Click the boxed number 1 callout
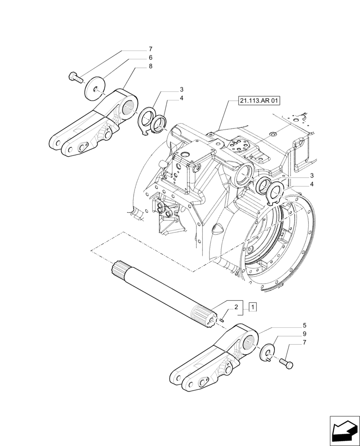[x=253, y=307]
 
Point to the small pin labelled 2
[x=221, y=319]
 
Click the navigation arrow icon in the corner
[x=344, y=430]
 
